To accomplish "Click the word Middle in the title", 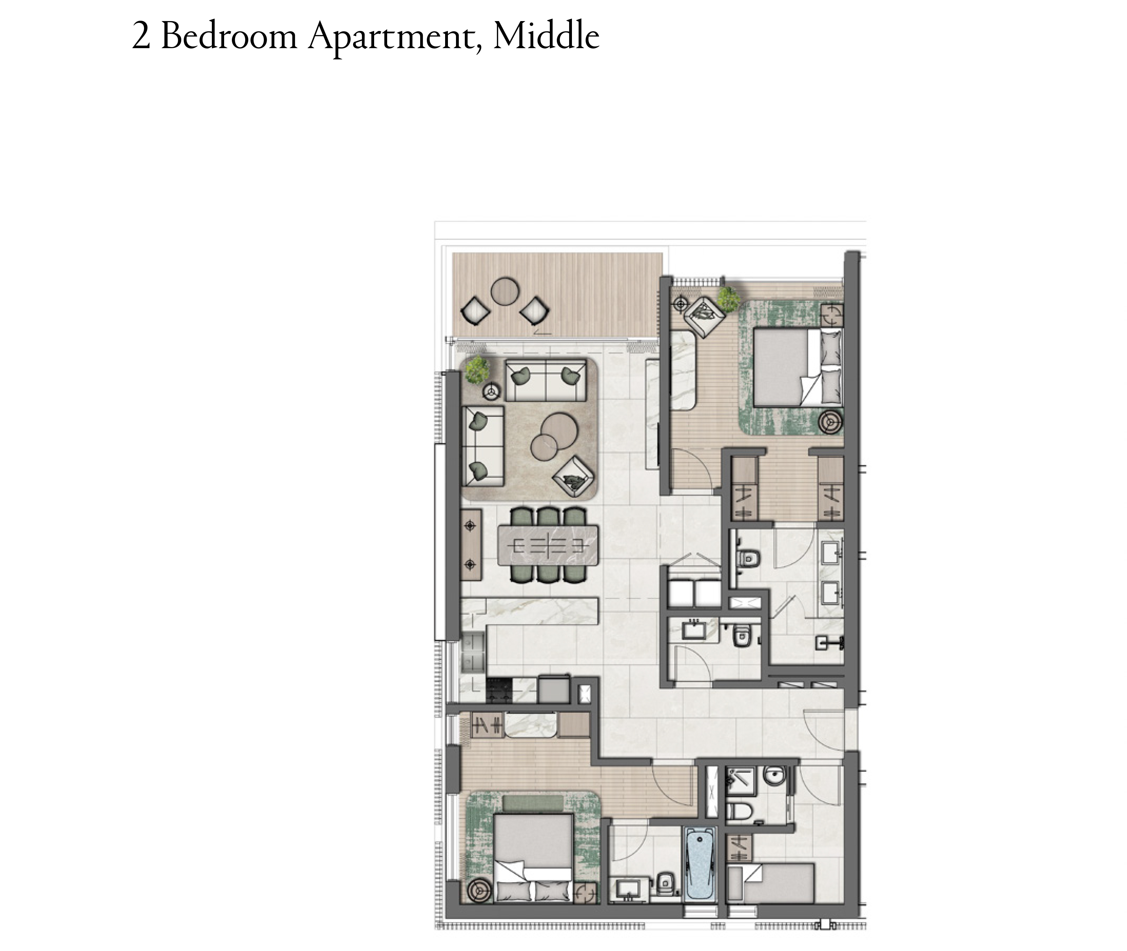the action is click(546, 36).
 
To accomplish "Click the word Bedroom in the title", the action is click(229, 36).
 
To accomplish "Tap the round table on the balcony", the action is click(504, 291).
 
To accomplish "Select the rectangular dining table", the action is click(548, 545).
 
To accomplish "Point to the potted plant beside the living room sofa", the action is click(477, 370).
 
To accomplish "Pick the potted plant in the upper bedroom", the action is click(729, 299).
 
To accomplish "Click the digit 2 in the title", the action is click(141, 37).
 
